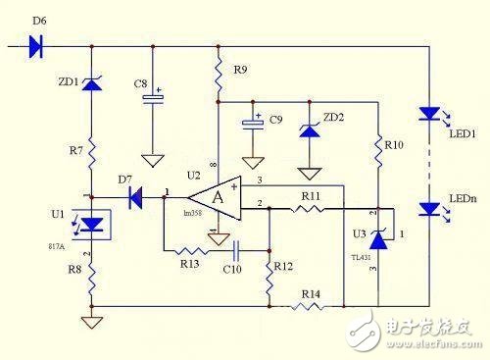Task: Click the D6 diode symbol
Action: click(38, 45)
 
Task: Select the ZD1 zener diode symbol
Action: click(91, 85)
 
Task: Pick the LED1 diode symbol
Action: click(429, 114)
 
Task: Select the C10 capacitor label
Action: click(231, 267)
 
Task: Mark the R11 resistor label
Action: click(311, 196)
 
